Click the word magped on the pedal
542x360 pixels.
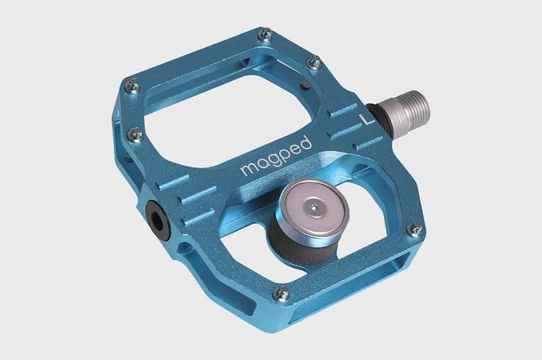tap(276, 158)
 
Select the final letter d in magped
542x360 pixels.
tap(306, 143)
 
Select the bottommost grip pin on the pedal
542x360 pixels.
tap(282, 293)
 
